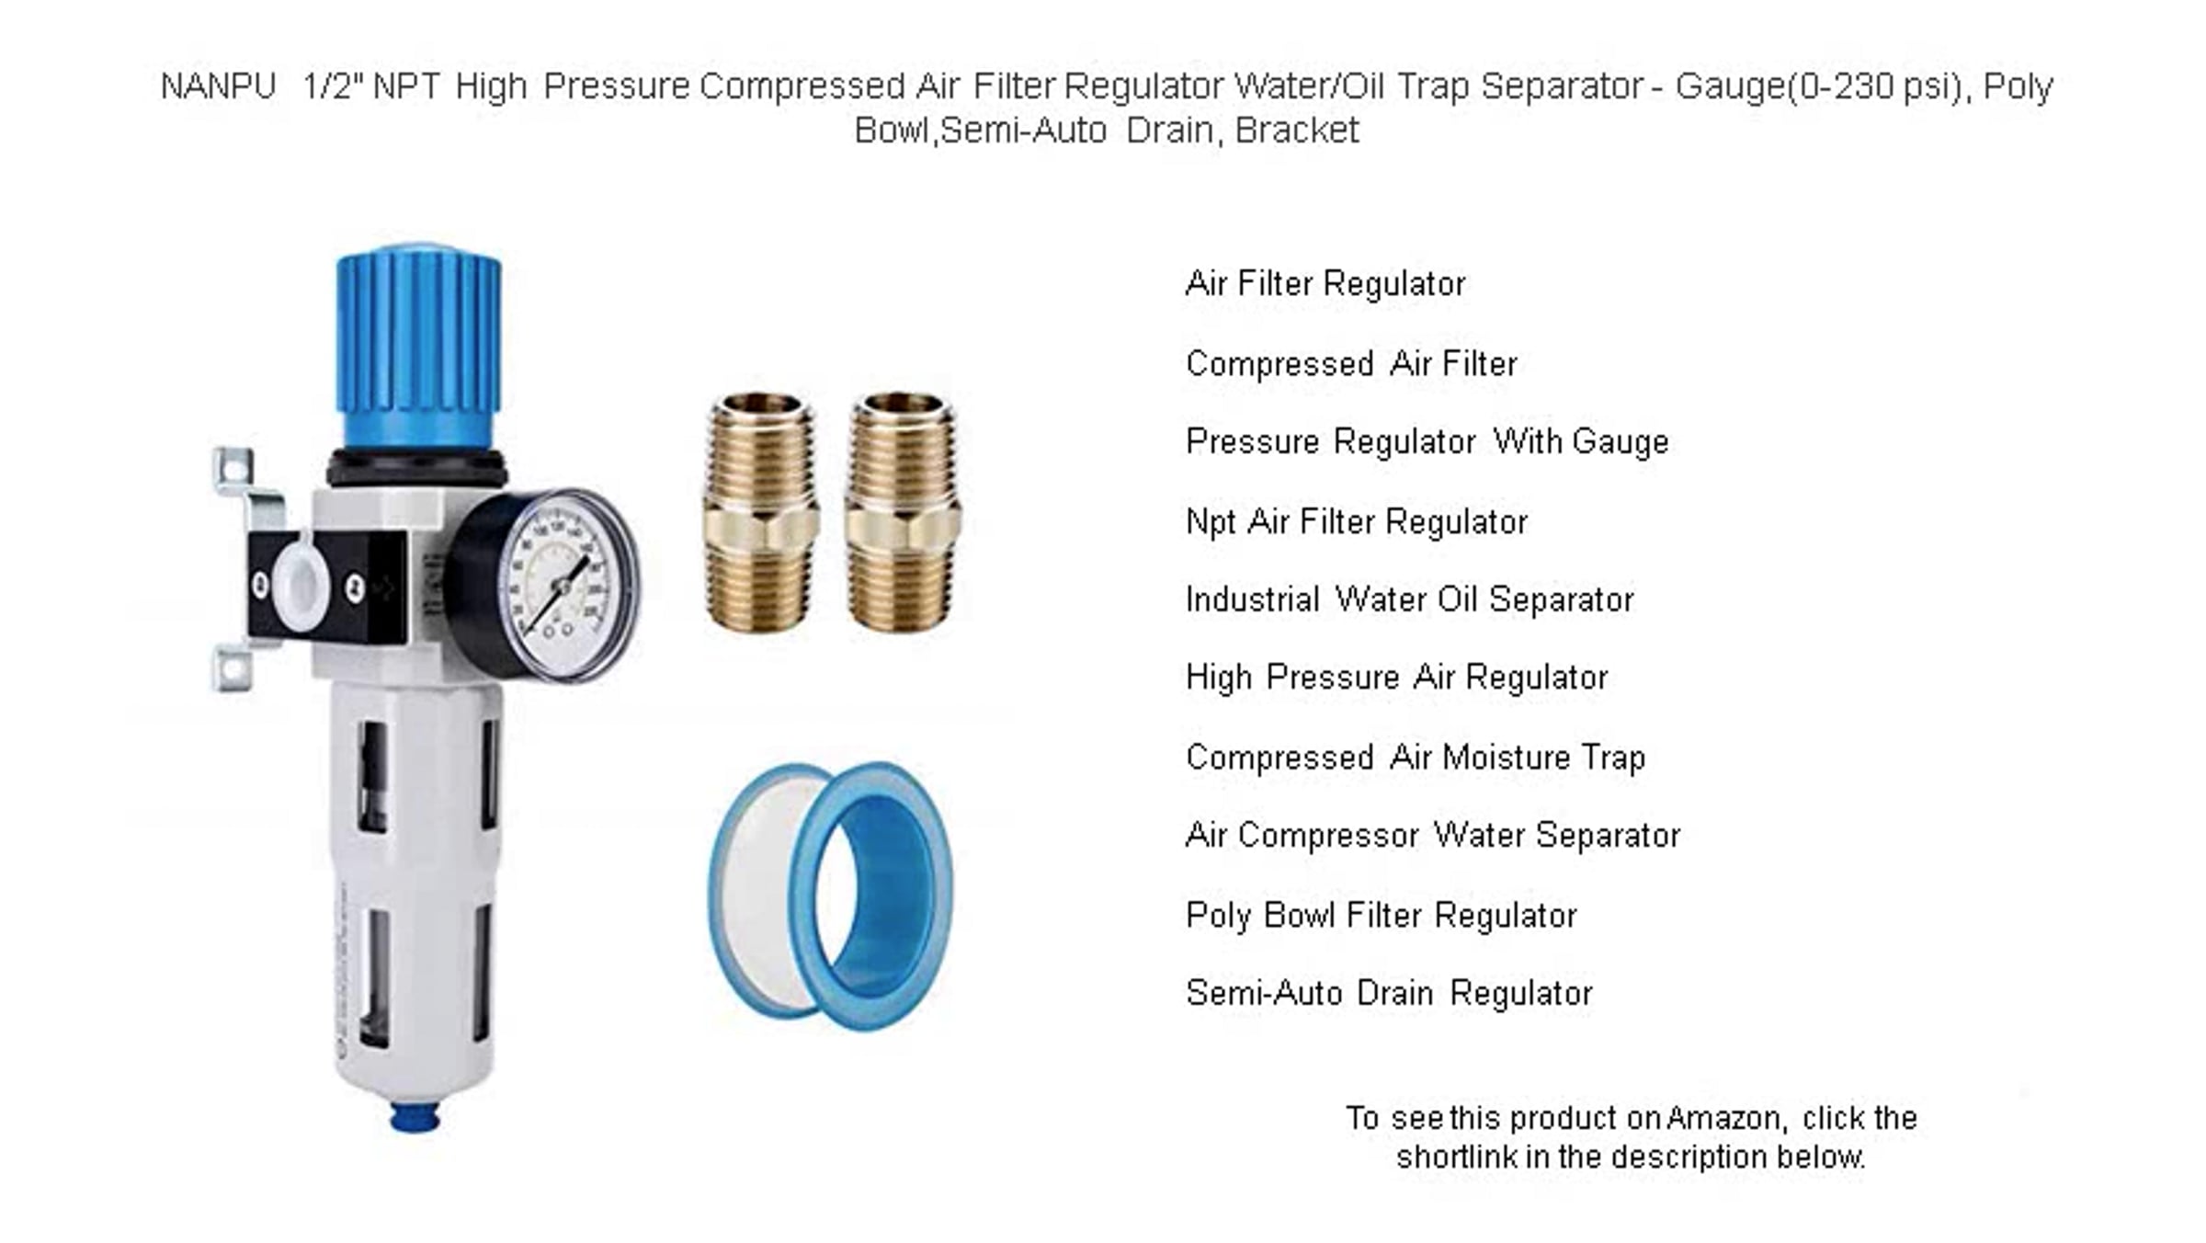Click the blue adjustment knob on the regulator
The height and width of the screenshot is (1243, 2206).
[419, 349]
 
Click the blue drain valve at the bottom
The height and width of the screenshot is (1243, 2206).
[415, 1115]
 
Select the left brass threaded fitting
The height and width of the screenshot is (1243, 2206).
[760, 511]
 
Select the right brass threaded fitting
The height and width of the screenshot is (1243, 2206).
[903, 511]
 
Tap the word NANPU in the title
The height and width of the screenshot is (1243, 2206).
[218, 87]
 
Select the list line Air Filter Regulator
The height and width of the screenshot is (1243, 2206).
[1325, 284]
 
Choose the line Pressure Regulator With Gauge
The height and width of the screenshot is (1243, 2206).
[1427, 442]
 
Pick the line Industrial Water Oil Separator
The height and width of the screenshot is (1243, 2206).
[1410, 600]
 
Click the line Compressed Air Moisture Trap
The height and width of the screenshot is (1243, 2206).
[1416, 758]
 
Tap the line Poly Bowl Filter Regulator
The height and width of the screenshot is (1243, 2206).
[1382, 917]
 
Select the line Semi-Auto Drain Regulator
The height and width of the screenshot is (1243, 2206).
[1389, 994]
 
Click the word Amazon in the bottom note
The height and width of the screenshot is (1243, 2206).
[1725, 1119]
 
